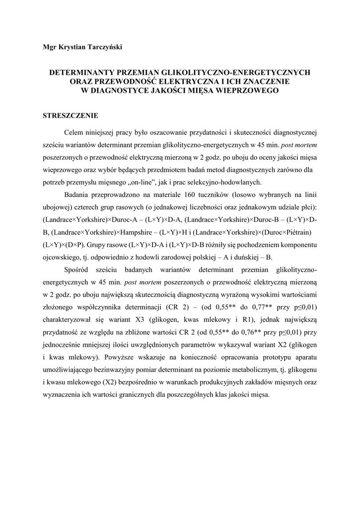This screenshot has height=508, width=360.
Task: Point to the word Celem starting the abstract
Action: (x=75, y=133)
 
